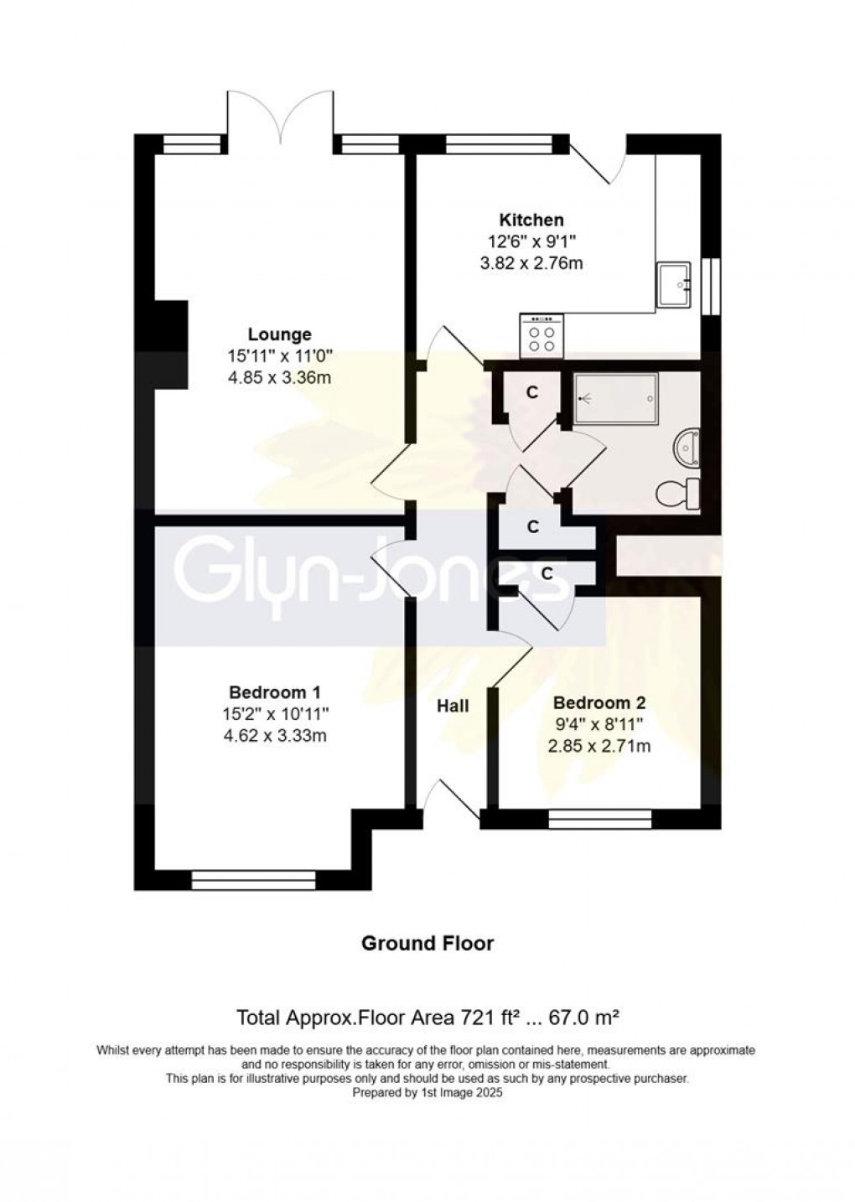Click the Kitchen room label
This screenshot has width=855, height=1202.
[x=531, y=220]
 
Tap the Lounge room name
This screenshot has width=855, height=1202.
[x=280, y=334]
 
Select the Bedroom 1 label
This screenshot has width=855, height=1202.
[x=275, y=691]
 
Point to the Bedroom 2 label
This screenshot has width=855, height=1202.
[x=599, y=702]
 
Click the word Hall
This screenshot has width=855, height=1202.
[x=453, y=706]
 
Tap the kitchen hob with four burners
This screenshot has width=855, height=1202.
[x=541, y=336]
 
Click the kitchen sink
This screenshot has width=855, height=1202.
[x=673, y=284]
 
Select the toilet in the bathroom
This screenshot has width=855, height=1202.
[x=678, y=493]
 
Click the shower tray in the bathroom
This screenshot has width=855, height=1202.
[x=616, y=399]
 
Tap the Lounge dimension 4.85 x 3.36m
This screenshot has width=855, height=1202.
[x=280, y=378]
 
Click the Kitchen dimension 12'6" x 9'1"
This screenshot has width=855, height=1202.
[x=531, y=242]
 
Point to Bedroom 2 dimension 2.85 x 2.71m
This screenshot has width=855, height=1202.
[x=599, y=746]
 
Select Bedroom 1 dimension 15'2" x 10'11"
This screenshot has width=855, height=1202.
[x=275, y=713]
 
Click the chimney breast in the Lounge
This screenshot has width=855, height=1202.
[x=171, y=344]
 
